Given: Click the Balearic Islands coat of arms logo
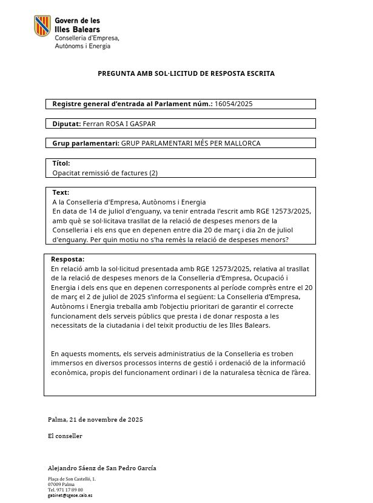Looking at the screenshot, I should tap(42, 26).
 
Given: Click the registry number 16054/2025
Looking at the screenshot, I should tap(234, 104).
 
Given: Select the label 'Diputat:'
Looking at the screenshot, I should tap(67, 124).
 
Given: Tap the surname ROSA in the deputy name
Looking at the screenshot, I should tap(116, 124).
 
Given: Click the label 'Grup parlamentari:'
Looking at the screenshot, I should tap(86, 143).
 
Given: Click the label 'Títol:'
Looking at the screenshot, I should tap(61, 163).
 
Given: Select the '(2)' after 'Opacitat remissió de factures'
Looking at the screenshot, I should tap(153, 173).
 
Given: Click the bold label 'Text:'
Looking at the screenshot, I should tap(61, 192).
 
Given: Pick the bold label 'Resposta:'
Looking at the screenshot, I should tap(67, 259).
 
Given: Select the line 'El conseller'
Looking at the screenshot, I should tap(65, 436).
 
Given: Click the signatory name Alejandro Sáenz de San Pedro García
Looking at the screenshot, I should tap(102, 468).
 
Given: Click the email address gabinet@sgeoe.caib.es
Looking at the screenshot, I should tap(70, 495).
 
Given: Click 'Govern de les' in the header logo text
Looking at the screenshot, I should tap(78, 21).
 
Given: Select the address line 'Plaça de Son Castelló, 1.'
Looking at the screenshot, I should tap(72, 479).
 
